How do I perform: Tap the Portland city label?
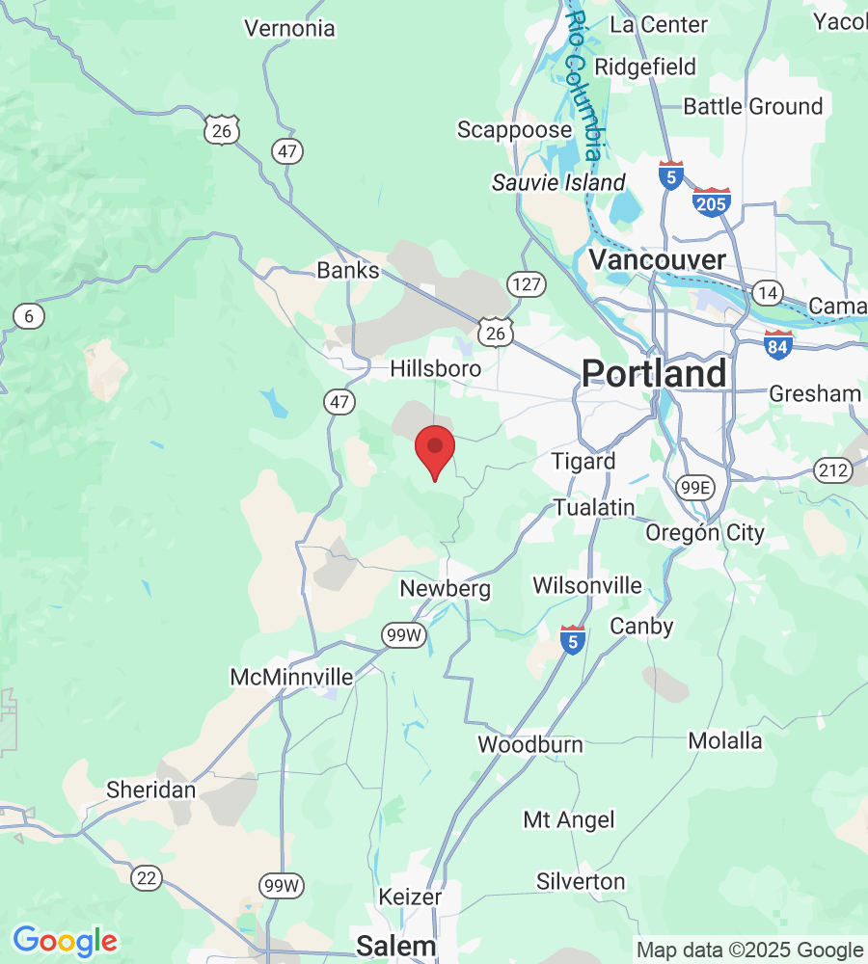[654, 373]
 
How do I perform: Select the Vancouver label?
[657, 259]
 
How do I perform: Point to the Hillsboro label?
[435, 368]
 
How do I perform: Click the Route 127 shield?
[527, 284]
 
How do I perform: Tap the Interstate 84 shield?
[778, 344]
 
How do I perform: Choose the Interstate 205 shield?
[711, 201]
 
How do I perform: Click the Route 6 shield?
[30, 315]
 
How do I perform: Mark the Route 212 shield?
[830, 470]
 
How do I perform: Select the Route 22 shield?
[147, 877]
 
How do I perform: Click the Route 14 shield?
[768, 294]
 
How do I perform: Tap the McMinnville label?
[291, 678]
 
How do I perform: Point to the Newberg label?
[446, 588]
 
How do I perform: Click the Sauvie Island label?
[558, 182]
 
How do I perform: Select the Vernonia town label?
[289, 29]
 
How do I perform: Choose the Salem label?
[395, 946]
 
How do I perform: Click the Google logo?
[65, 940]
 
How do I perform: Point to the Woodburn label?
[530, 744]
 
